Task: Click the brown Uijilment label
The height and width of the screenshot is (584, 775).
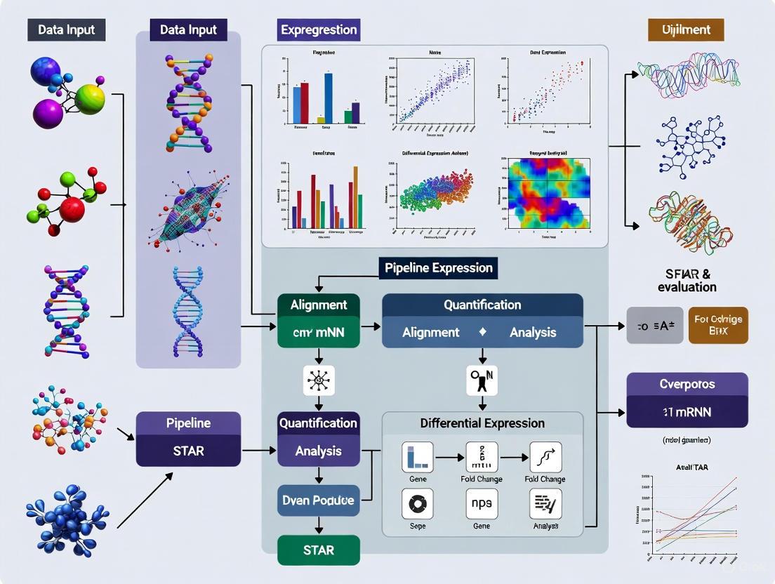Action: point(686,30)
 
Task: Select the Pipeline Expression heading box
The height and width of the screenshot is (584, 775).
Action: point(439,268)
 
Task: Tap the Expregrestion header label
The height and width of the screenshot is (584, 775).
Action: point(319,30)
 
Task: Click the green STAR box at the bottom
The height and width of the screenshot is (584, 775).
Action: point(319,550)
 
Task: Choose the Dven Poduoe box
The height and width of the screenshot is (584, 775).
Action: point(319,500)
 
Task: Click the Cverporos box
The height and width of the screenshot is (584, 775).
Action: point(687,385)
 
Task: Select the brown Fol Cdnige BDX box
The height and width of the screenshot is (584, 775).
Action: point(718,324)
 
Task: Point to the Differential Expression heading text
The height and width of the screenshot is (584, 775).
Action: point(482,423)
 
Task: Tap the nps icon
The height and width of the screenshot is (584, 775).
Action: point(482,503)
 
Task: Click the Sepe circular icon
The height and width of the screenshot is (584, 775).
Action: point(417,503)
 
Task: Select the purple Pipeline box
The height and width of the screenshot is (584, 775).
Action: point(188,424)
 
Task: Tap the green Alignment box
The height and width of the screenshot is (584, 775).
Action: point(319,305)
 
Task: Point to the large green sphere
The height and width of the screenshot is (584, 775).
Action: point(90,99)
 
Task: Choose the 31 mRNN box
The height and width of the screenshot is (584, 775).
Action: point(687,413)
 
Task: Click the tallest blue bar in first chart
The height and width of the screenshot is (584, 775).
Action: point(328,98)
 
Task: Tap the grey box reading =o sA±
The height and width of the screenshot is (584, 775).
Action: point(654,325)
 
